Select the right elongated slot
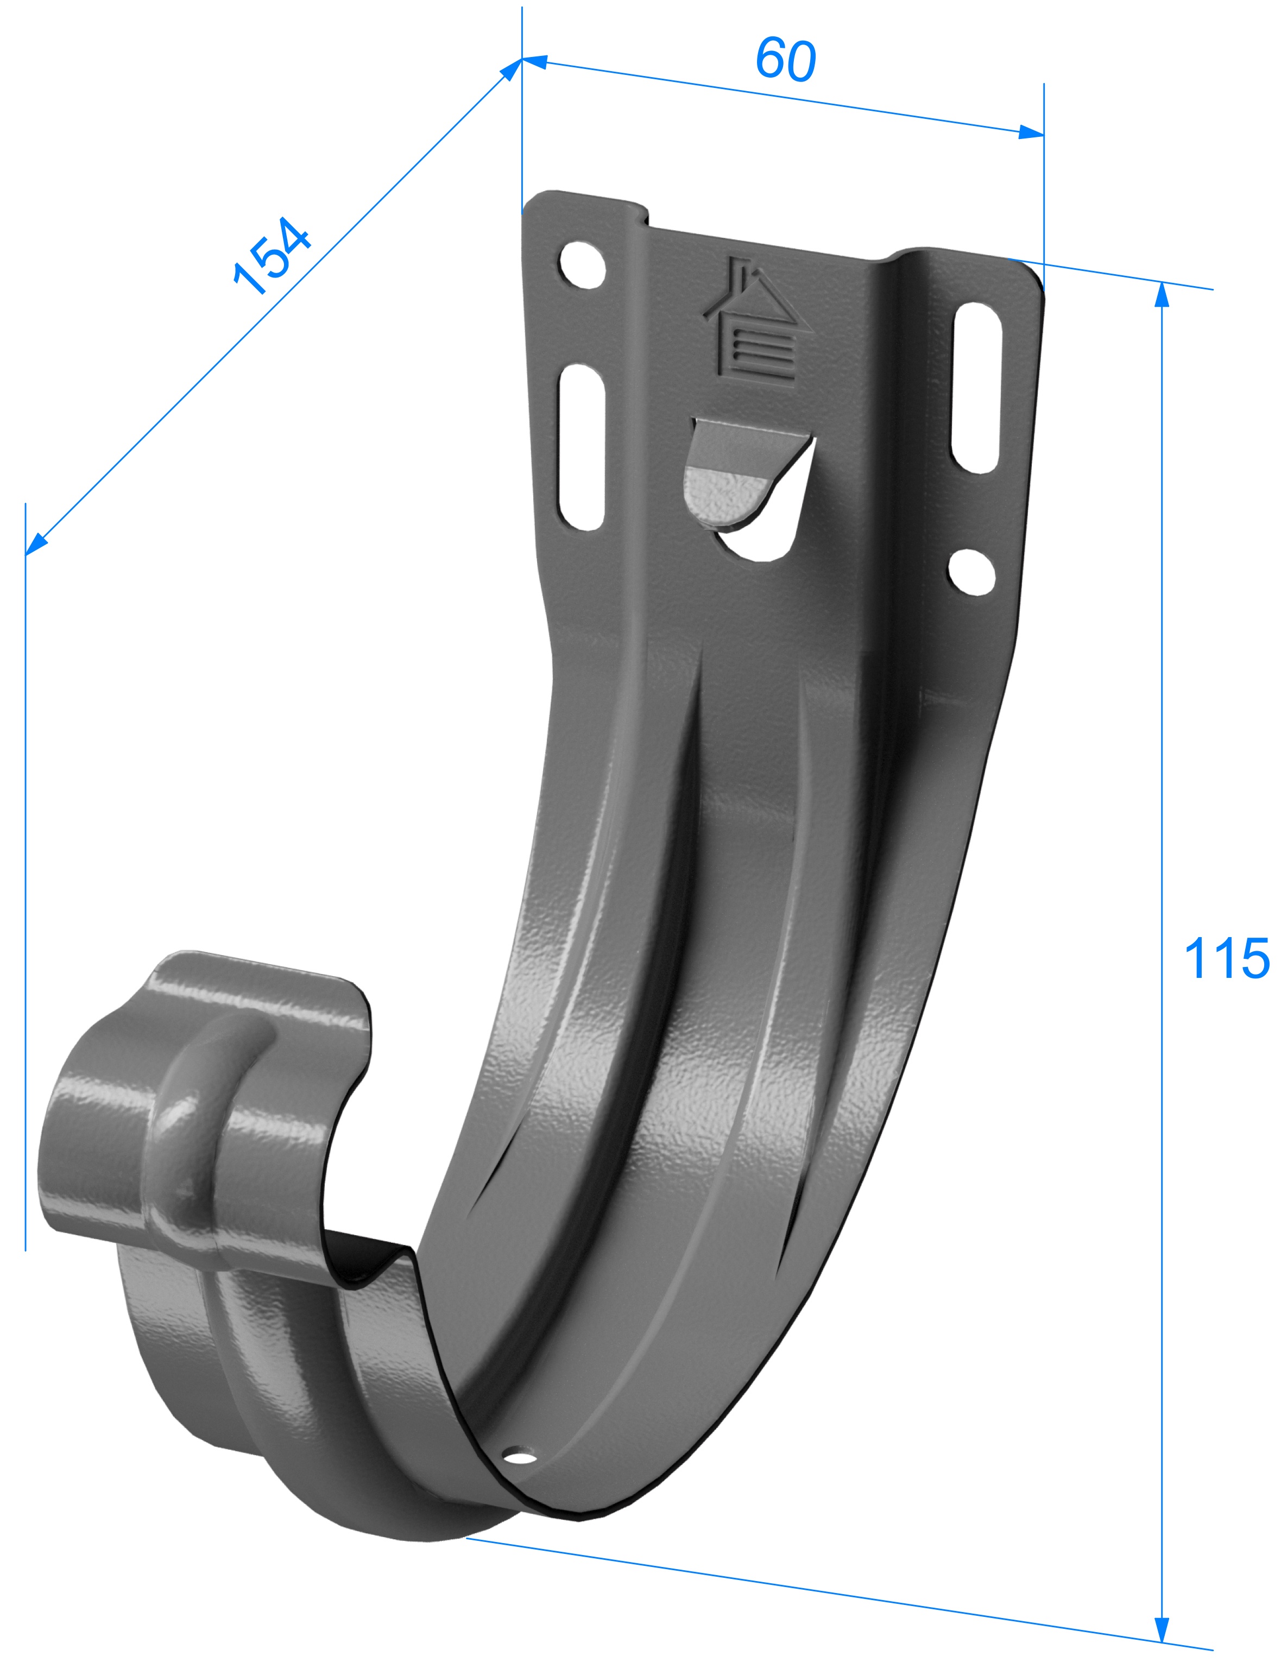(976, 387)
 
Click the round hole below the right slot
(971, 572)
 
